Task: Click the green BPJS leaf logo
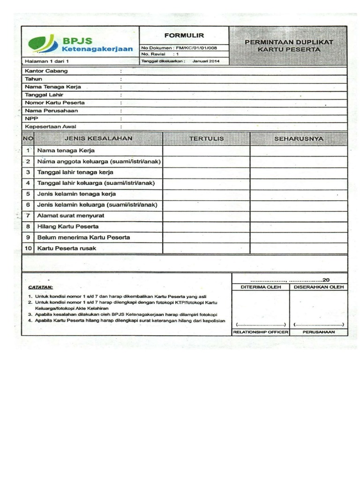[44, 44]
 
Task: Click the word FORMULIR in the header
[183, 35]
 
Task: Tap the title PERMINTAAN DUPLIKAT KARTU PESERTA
[288, 45]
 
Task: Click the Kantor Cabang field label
[46, 71]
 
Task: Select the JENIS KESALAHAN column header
[98, 138]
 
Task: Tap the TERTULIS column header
[206, 139]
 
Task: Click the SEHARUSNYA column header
[299, 139]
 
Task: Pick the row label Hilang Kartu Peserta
[68, 226]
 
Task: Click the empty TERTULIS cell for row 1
[206, 150]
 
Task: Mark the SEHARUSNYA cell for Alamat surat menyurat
[299, 216]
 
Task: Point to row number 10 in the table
[28, 248]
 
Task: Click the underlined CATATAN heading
[41, 287]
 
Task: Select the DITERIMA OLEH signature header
[261, 287]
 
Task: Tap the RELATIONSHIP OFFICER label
[261, 332]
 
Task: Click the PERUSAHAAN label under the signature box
[318, 332]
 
